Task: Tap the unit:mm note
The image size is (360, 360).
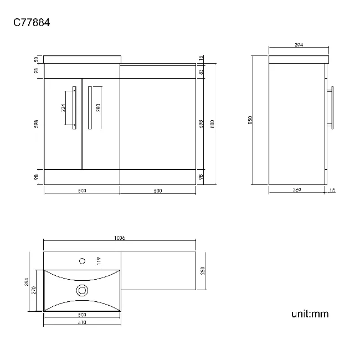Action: (x=310, y=314)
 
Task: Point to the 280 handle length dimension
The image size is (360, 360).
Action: (x=98, y=108)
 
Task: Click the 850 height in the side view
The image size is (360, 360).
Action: (x=250, y=120)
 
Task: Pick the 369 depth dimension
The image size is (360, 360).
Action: (x=296, y=191)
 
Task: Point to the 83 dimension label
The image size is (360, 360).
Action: (x=201, y=71)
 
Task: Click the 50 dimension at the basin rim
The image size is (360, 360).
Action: (x=37, y=59)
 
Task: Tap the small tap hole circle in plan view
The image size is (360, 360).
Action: (x=82, y=260)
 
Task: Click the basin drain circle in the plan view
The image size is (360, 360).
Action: (x=82, y=289)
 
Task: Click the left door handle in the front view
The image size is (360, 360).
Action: (x=74, y=107)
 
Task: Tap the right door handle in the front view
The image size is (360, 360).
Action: (x=88, y=107)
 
